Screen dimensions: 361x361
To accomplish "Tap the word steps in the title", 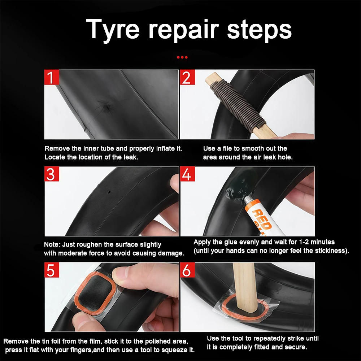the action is pyautogui.click(x=260, y=30).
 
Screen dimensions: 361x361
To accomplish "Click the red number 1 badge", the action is pyautogui.click(x=52, y=77).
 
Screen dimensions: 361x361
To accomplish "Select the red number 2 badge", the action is pyautogui.click(x=187, y=77).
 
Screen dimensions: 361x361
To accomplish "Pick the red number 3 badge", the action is pyautogui.click(x=52, y=174).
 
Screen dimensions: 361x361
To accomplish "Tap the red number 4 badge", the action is pyautogui.click(x=187, y=174).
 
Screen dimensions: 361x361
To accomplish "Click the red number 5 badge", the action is pyautogui.click(x=52, y=270).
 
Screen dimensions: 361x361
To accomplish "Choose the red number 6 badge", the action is pyautogui.click(x=187, y=270).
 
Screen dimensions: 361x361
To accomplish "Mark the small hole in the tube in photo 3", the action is pyautogui.click(x=109, y=192).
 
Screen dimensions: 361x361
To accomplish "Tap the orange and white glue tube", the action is pyautogui.click(x=262, y=216).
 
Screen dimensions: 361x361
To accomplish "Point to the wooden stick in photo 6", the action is pyautogui.click(x=245, y=288).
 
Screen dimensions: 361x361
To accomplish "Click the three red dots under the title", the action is pyautogui.click(x=182, y=57).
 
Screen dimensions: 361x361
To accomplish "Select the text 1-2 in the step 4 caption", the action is pyautogui.click(x=304, y=242).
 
